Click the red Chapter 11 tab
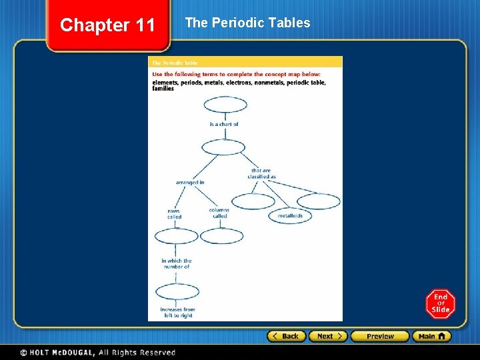[x=107, y=25]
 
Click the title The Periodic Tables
[x=247, y=23]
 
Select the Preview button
[x=380, y=336]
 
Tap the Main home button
[x=431, y=336]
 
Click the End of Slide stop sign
[x=440, y=303]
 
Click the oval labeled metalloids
[x=290, y=216]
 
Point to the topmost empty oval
[x=225, y=105]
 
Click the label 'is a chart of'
[x=224, y=124]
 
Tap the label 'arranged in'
[x=190, y=182]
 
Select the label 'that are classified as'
[x=261, y=173]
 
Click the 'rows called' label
[x=174, y=214]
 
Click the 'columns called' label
[x=219, y=213]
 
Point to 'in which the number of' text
[x=176, y=263]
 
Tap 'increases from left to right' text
[x=177, y=312]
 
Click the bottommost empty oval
[x=177, y=291]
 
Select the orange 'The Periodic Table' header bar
[x=245, y=63]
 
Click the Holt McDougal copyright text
[x=97, y=352]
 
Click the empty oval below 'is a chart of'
[x=223, y=147]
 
